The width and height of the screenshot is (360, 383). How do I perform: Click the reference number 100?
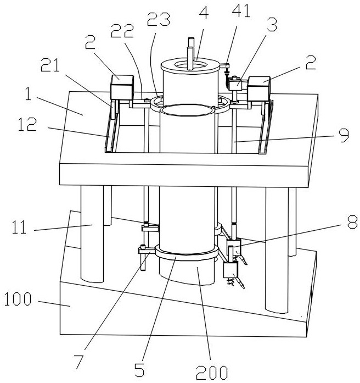[x=18, y=299]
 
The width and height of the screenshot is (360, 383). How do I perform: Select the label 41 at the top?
[x=241, y=11]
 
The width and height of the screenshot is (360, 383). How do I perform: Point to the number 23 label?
[x=159, y=19]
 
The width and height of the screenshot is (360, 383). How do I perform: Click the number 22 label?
[x=122, y=31]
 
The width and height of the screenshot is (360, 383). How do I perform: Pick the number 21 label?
[x=50, y=65]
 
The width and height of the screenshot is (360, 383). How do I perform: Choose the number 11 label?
[x=19, y=227]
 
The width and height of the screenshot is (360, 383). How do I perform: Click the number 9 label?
[x=344, y=135]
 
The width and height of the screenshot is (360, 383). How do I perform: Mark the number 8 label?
[x=352, y=222]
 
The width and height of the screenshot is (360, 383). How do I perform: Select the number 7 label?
[x=80, y=362]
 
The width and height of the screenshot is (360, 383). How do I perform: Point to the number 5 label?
[x=140, y=370]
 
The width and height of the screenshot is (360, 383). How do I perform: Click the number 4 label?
[x=204, y=13]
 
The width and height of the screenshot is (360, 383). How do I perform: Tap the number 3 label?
[x=272, y=25]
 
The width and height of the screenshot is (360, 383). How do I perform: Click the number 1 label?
[x=29, y=94]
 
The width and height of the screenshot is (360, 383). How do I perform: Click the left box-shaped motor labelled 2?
[x=122, y=87]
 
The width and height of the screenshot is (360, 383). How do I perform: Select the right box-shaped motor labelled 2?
[x=259, y=89]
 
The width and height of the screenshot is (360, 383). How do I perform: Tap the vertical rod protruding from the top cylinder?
[x=190, y=54]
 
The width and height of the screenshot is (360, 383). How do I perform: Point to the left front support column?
[x=92, y=234]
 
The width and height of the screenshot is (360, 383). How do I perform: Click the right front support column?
[x=277, y=250]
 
